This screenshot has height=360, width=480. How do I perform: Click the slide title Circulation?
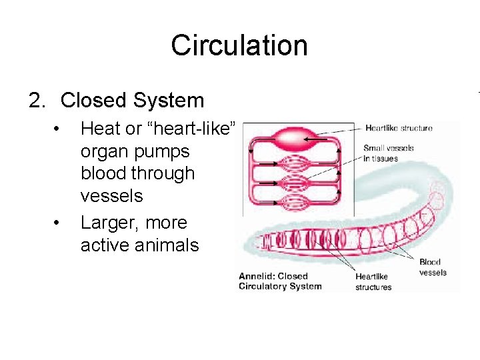[239, 45]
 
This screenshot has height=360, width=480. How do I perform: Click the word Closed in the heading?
[93, 101]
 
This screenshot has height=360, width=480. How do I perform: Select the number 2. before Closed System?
[38, 101]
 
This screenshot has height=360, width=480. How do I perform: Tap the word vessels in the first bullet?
[111, 195]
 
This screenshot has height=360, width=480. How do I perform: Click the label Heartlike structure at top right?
[399, 128]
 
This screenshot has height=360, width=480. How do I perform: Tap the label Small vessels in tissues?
[389, 153]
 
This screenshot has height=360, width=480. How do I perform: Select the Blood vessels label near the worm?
[433, 267]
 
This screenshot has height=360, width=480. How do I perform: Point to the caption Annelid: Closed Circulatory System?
[280, 281]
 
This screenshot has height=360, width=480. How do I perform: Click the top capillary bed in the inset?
[289, 163]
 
